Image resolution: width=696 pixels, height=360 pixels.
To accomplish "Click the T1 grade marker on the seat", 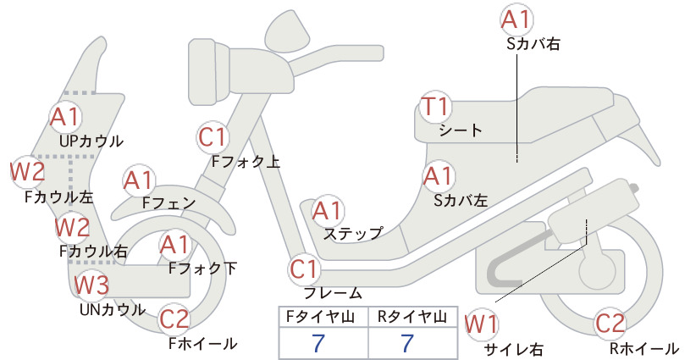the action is pos(435,107).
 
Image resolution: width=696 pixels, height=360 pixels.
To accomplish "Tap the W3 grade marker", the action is pos(91,285).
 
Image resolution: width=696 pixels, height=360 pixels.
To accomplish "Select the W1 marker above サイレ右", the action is pos(481,324).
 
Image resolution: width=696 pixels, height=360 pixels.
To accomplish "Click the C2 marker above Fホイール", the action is pos(174,319).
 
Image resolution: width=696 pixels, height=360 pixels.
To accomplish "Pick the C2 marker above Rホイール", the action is pos(610,324).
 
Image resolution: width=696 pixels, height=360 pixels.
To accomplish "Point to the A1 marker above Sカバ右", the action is pos(516,20).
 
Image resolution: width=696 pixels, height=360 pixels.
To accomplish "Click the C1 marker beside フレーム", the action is pos(305,269).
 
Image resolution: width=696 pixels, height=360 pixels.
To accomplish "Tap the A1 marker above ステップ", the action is pos(327,211).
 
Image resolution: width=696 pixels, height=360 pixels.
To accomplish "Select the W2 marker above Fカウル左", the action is pos(28,171).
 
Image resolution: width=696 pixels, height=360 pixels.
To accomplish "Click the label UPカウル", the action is pos(91,141).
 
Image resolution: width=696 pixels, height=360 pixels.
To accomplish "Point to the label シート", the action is pos(461,130).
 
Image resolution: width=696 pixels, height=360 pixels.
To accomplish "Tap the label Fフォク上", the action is pos(246,161).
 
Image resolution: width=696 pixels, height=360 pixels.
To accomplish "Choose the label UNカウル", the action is pos(113,309).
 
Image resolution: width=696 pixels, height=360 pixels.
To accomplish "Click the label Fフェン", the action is pos(169,202).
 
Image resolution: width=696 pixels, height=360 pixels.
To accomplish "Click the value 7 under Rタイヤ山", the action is pos(407,343).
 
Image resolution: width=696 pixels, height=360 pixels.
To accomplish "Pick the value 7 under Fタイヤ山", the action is pos(318,343).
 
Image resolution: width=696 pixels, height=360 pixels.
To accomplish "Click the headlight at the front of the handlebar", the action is pos(209,71).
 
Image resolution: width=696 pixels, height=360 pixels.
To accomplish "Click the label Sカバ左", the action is pos(461,201).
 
